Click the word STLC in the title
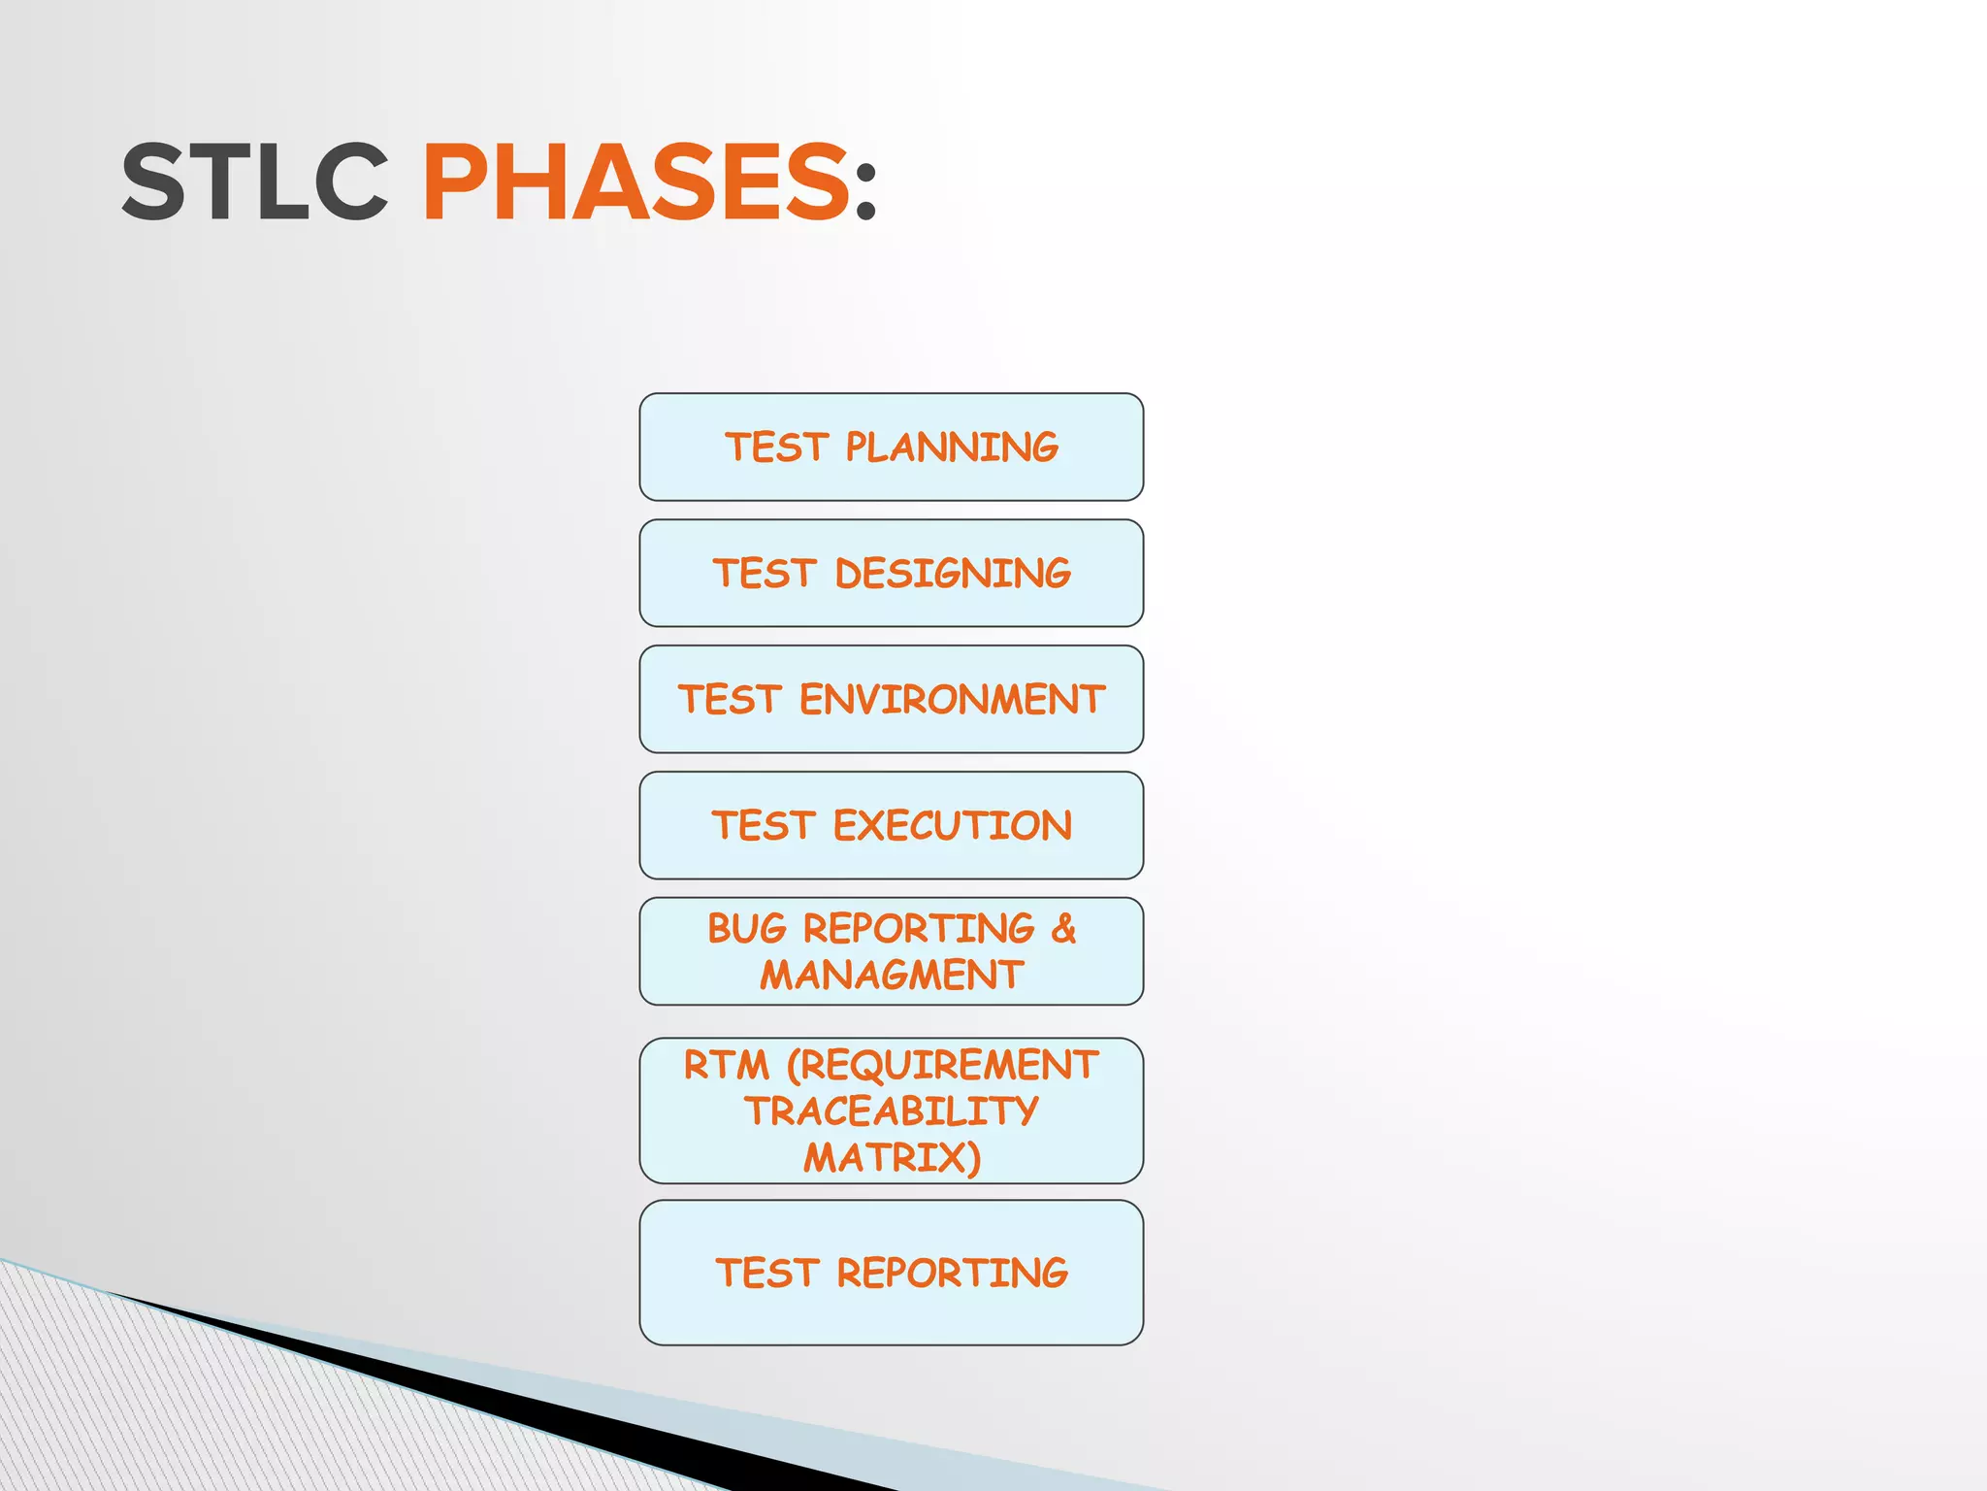[x=254, y=182]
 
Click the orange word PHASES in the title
[x=636, y=182]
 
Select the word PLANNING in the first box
[x=951, y=447]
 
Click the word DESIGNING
[x=953, y=574]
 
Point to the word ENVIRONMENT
[x=952, y=700]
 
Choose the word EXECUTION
[x=953, y=826]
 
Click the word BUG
[x=746, y=929]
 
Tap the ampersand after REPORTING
[x=1063, y=929]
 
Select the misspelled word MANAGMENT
[x=892, y=975]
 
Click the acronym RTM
[x=726, y=1065]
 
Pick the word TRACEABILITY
[x=892, y=1111]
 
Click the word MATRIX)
[x=892, y=1157]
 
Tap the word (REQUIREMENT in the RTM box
[x=942, y=1065]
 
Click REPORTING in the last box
[x=952, y=1273]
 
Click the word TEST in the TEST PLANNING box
[x=775, y=447]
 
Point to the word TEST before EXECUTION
[x=763, y=826]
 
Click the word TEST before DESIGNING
[x=764, y=574]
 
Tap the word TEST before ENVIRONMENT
[x=729, y=700]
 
